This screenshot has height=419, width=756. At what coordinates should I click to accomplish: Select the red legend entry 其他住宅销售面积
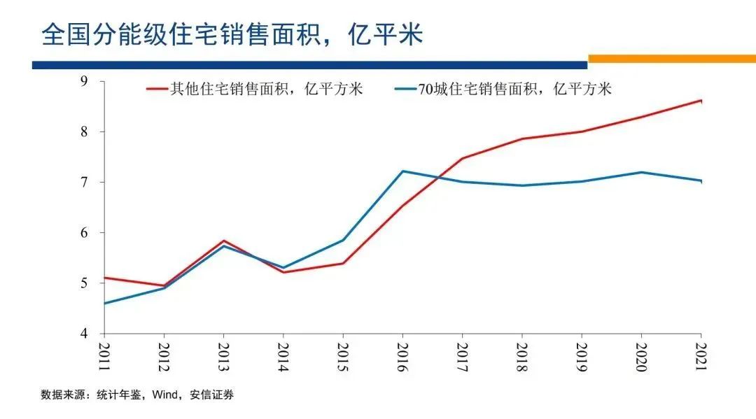(266, 90)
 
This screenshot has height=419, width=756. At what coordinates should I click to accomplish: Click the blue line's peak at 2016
(402, 171)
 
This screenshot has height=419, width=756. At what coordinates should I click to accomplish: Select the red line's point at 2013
(223, 241)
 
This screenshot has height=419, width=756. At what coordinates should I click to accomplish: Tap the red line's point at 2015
(342, 263)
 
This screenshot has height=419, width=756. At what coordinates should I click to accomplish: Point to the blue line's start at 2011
(104, 304)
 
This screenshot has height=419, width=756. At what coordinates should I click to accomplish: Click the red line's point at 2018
(522, 139)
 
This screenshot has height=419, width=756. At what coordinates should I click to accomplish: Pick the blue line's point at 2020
(641, 172)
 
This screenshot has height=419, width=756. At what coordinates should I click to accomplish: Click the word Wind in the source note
(164, 395)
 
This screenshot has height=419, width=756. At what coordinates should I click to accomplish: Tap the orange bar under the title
(671, 59)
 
